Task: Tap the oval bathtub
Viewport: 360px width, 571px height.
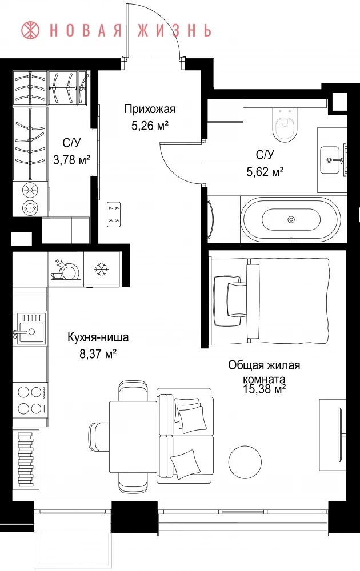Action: (x=291, y=219)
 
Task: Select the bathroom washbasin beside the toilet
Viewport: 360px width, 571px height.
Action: (x=333, y=159)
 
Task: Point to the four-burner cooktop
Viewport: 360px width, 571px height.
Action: (x=30, y=400)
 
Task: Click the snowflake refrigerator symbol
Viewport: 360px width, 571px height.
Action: (x=102, y=269)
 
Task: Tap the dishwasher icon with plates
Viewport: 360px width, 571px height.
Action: (x=66, y=269)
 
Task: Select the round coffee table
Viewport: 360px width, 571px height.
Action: (x=245, y=461)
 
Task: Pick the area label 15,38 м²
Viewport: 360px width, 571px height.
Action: (x=264, y=389)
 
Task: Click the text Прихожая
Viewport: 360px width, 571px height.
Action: (x=150, y=109)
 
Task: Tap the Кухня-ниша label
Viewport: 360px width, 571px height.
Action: (x=98, y=337)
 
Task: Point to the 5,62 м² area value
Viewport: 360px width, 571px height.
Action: (x=265, y=171)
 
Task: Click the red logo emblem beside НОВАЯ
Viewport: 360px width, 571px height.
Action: (x=31, y=30)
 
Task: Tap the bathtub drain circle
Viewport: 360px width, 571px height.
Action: (x=291, y=219)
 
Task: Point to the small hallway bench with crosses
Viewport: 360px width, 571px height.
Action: (x=114, y=215)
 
